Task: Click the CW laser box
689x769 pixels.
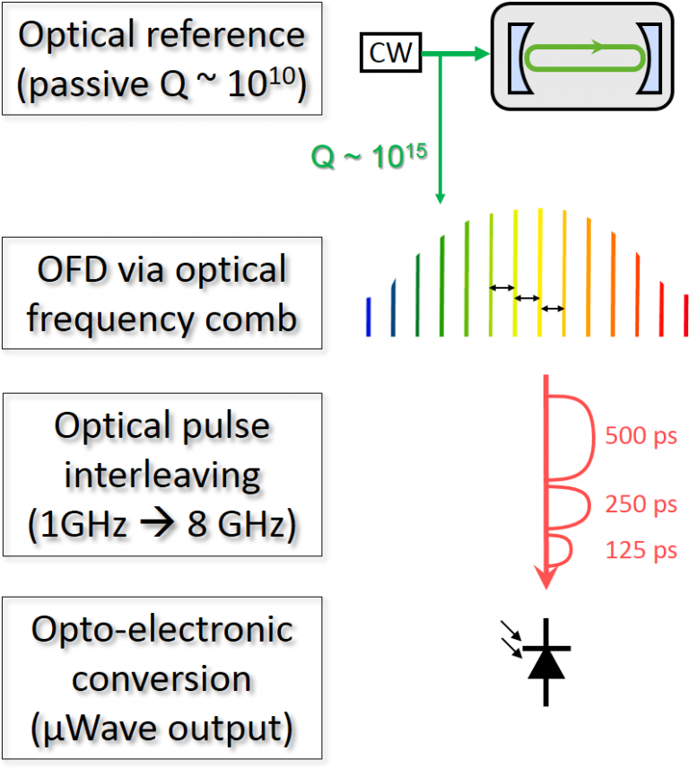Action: click(391, 55)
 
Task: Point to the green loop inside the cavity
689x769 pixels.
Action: click(584, 59)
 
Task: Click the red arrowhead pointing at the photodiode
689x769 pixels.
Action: click(545, 579)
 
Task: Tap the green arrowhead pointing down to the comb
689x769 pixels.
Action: click(440, 199)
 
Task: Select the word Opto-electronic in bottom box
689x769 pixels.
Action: click(162, 628)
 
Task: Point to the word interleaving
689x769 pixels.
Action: click(161, 475)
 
